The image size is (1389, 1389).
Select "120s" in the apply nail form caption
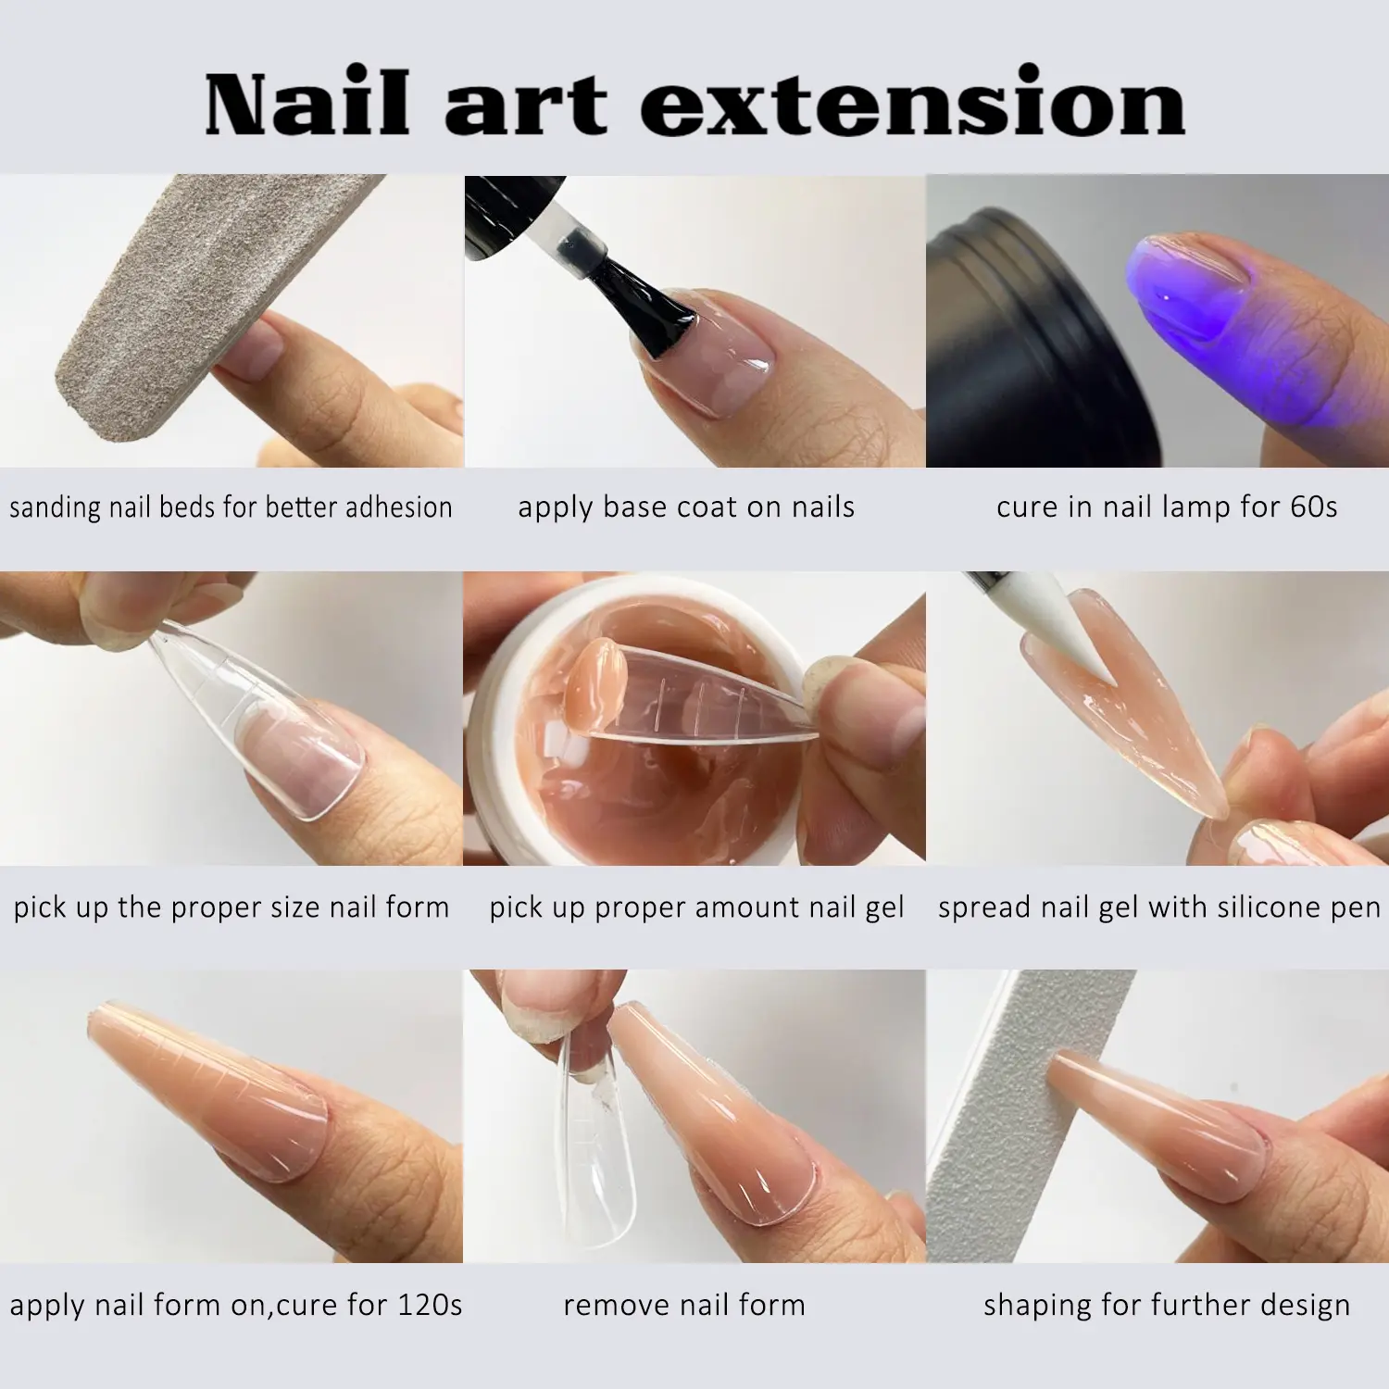pyautogui.click(x=429, y=1305)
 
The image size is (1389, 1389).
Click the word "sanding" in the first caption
pyautogui.click(x=55, y=507)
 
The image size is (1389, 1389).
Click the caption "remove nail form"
pyautogui.click(x=684, y=1305)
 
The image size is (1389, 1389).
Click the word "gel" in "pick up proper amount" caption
pyautogui.click(x=884, y=908)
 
